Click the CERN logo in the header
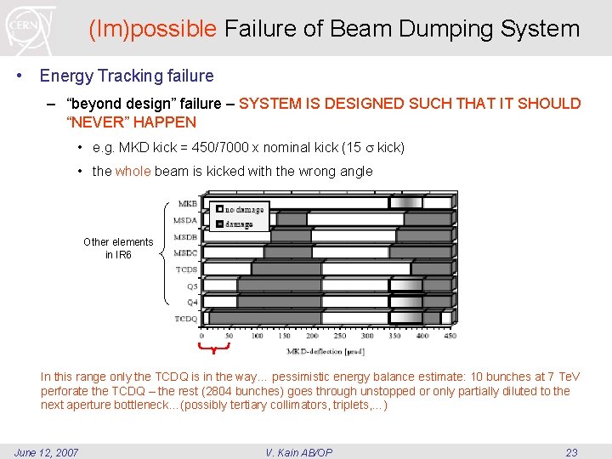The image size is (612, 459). [31, 27]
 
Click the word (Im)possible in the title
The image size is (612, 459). [153, 29]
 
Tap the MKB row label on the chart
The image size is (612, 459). [188, 204]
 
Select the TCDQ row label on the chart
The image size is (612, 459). [186, 319]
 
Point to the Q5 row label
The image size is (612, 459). [192, 286]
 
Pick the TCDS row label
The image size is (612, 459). [186, 269]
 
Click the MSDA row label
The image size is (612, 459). [185, 220]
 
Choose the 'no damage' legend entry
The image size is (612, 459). [245, 209]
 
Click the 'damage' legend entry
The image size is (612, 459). [238, 224]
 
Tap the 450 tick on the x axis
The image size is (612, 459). [450, 336]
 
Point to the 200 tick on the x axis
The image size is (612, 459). [312, 336]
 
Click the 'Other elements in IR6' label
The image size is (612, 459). [118, 248]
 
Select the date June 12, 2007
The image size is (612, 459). [47, 452]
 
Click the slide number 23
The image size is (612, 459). [571, 452]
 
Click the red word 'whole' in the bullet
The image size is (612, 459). [133, 171]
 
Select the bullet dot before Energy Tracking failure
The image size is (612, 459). [20, 76]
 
